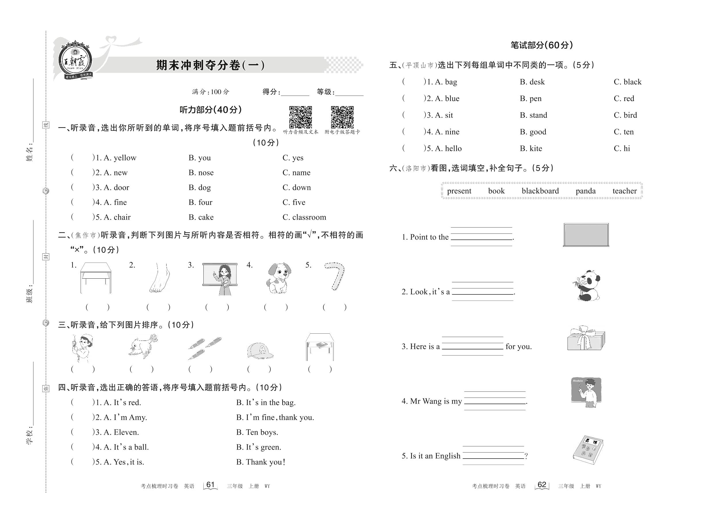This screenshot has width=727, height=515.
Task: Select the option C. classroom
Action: [304, 217]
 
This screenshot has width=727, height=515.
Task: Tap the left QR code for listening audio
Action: [300, 117]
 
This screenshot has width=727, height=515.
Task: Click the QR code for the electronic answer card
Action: [342, 117]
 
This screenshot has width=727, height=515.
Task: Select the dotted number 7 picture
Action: [335, 276]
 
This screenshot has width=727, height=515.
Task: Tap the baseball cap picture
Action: [260, 350]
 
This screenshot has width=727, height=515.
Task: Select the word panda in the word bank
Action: [585, 191]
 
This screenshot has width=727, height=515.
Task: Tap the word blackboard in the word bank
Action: [540, 191]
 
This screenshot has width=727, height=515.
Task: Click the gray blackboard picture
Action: [586, 235]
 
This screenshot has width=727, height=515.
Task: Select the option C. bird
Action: [625, 115]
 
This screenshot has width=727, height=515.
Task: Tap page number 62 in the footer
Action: [542, 485]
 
